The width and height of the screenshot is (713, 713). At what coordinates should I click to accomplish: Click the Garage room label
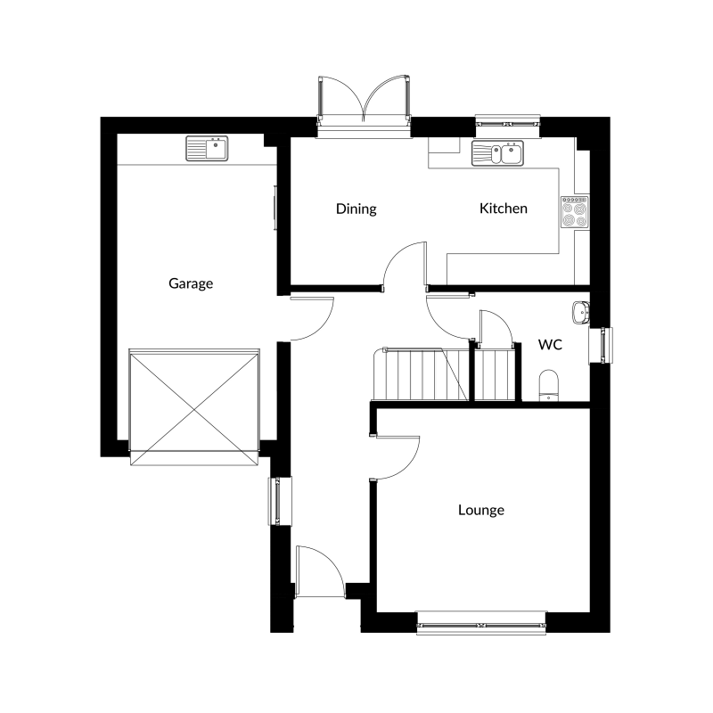click(191, 283)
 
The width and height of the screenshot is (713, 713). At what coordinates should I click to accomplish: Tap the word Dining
click(356, 209)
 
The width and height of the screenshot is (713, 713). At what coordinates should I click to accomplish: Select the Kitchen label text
click(504, 209)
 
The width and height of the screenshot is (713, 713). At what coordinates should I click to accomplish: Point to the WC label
click(550, 345)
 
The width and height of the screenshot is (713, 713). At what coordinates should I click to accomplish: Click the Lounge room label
click(481, 510)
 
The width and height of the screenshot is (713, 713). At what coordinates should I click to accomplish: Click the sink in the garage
click(207, 148)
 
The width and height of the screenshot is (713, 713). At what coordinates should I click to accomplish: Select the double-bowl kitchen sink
click(497, 153)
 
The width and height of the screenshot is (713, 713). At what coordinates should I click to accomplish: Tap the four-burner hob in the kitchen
click(575, 212)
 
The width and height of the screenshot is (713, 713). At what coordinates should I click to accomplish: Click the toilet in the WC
click(549, 385)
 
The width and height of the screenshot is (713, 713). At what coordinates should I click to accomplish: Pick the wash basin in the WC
click(581, 313)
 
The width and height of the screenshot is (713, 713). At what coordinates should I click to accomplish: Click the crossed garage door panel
click(194, 407)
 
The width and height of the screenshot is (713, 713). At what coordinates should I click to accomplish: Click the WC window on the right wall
click(601, 345)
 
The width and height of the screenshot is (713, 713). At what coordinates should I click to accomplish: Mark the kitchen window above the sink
click(507, 122)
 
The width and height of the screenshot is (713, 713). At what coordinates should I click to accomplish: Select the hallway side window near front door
click(280, 501)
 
